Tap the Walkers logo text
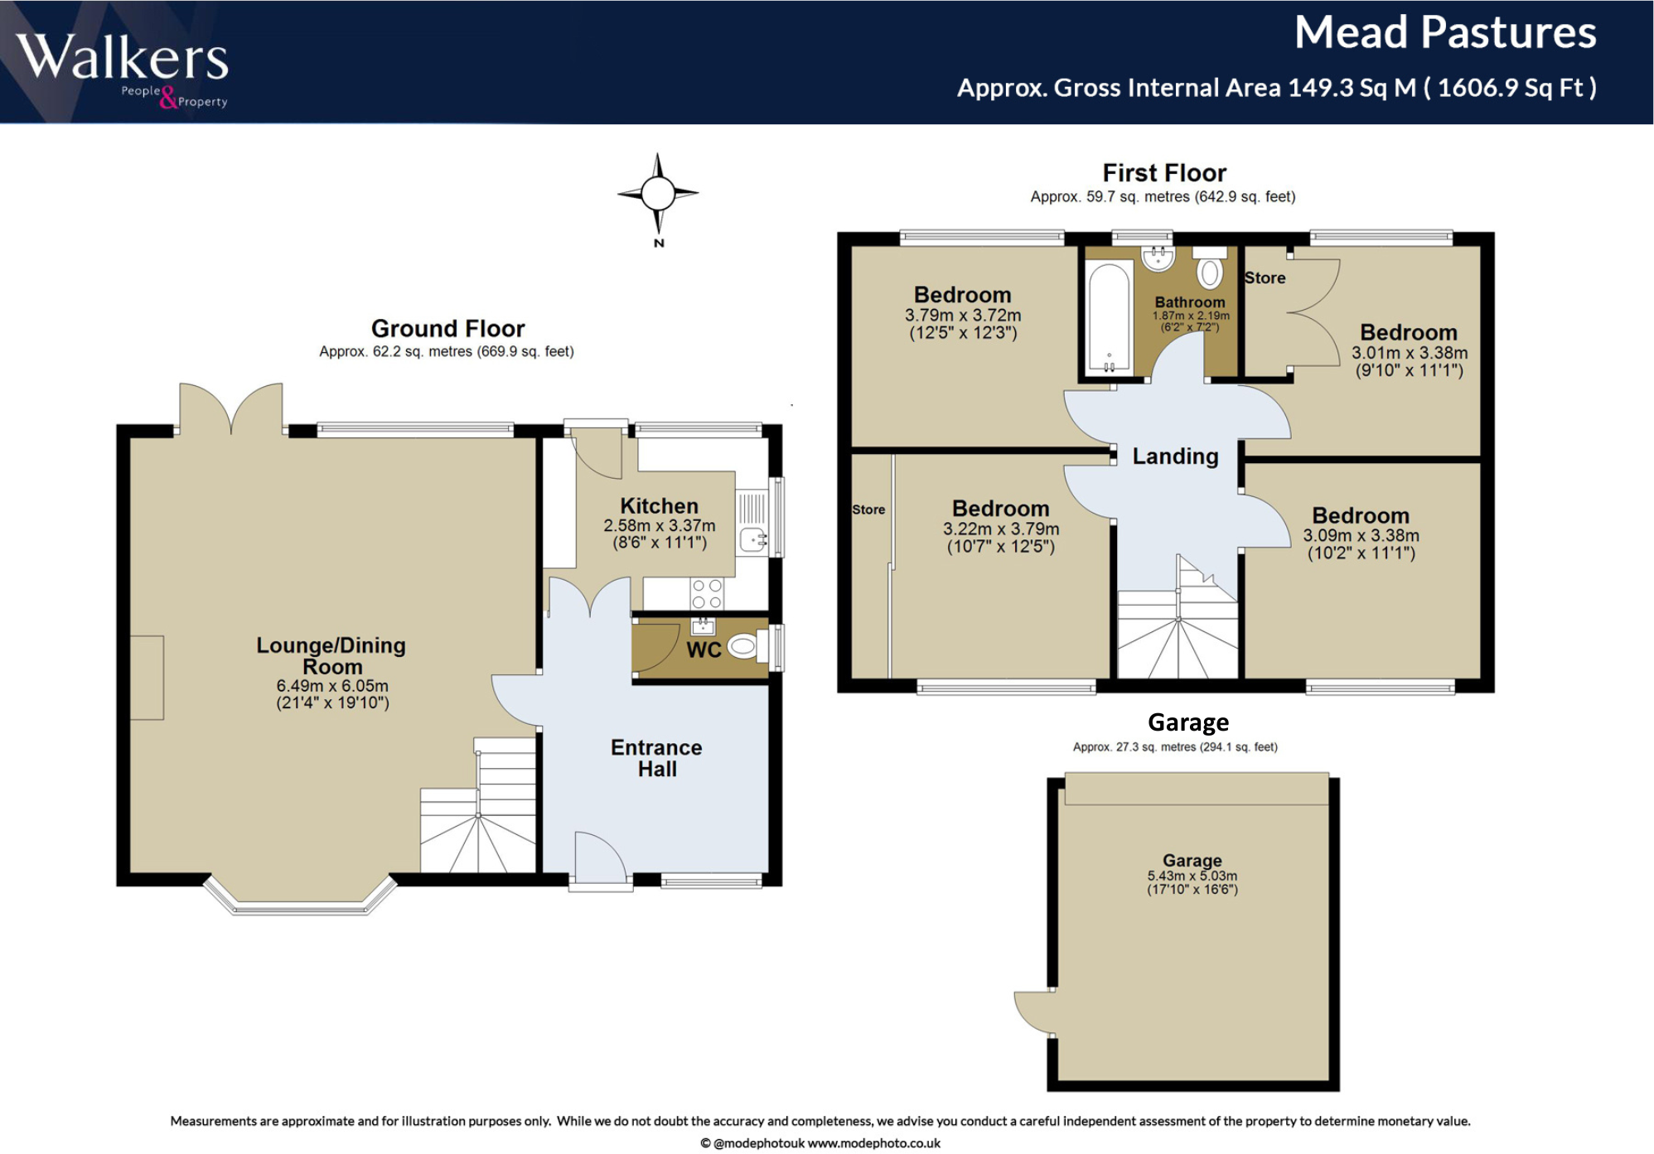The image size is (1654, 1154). tap(122, 58)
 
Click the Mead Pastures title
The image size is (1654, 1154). tap(1444, 33)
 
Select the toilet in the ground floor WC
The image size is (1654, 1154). tap(743, 646)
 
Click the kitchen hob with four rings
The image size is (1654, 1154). tap(707, 594)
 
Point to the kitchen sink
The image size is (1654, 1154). tap(753, 539)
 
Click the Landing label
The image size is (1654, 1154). tap(1175, 456)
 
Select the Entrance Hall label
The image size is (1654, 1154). tap(656, 758)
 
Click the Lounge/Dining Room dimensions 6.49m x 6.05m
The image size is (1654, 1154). tap(332, 686)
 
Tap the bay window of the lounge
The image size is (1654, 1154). tap(300, 899)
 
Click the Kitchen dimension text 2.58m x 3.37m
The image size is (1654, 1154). tap(659, 526)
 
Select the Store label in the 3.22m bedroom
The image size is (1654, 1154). tap(868, 509)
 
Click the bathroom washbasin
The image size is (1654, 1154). tap(1158, 258)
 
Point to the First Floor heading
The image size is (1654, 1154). tap(1163, 172)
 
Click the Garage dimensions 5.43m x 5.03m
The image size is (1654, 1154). tap(1192, 876)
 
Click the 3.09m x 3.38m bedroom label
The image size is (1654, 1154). tap(1360, 516)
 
